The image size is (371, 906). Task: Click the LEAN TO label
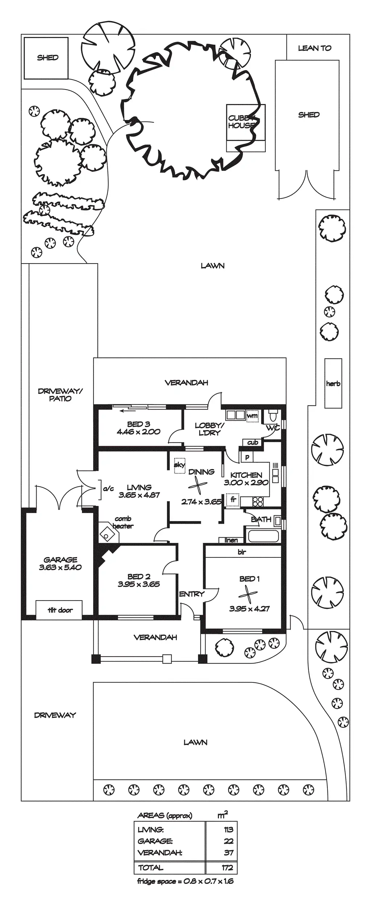(x=314, y=48)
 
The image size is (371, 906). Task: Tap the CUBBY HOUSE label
(x=241, y=122)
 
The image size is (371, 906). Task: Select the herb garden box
(x=333, y=383)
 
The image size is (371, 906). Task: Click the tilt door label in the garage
(x=60, y=610)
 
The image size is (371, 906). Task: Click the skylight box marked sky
(x=180, y=465)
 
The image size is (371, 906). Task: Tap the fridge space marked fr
(x=233, y=499)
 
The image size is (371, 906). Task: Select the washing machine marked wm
(x=252, y=415)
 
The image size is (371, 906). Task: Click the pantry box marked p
(x=247, y=457)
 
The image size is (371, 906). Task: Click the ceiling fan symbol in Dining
(x=197, y=485)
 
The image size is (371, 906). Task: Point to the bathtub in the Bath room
(x=263, y=536)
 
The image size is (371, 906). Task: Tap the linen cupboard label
(x=231, y=540)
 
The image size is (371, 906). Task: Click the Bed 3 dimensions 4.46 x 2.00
(x=138, y=432)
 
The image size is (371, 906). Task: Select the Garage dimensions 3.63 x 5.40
(x=60, y=567)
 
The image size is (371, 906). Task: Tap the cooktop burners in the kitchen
(x=258, y=502)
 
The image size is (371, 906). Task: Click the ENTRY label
(x=191, y=594)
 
